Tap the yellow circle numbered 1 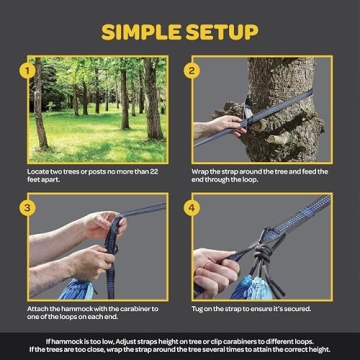click(33, 71)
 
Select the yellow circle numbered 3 click(33, 212)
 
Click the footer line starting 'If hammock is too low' click(180, 340)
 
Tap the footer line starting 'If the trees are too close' click(180, 349)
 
